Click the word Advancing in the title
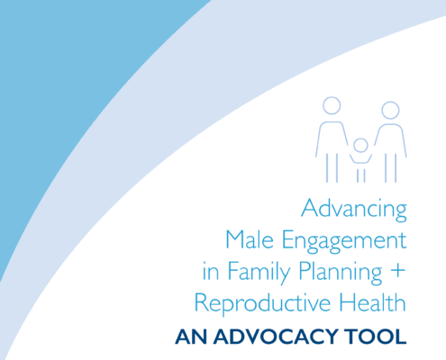point(354,210)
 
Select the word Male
point(250,239)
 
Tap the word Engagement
point(344,242)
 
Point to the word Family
point(259,273)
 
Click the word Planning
point(341,273)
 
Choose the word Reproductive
point(262,304)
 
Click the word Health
point(373,302)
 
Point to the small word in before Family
point(211,271)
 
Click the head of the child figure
point(360,145)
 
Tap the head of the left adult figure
point(332,105)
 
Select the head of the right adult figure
point(390,110)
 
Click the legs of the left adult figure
point(332,168)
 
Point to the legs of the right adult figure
point(391,168)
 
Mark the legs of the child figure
point(360,175)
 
